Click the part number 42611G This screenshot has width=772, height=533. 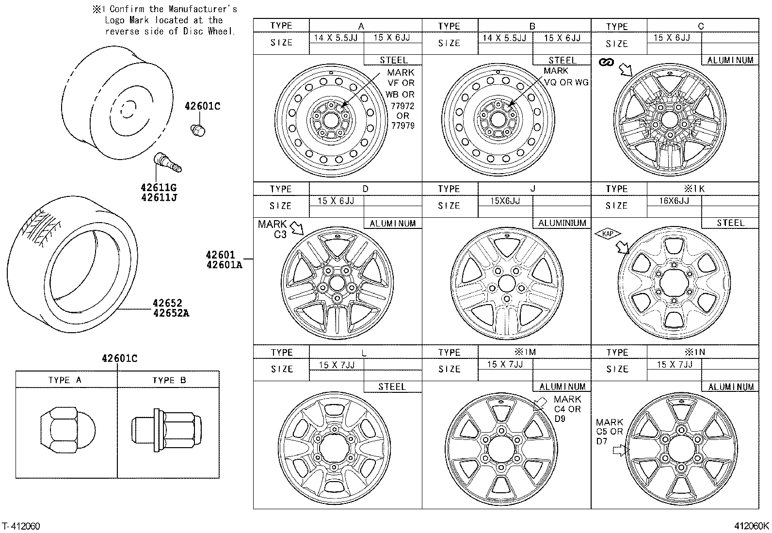click(x=159, y=187)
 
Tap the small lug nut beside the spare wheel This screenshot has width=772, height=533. click(x=197, y=129)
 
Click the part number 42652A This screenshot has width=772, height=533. click(x=171, y=313)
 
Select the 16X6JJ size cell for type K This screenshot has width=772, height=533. click(x=674, y=201)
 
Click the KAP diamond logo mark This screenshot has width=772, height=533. click(x=608, y=234)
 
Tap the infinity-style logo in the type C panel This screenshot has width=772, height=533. click(x=606, y=62)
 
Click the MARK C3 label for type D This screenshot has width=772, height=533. click(x=273, y=229)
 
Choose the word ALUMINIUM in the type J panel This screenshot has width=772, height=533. click(x=562, y=223)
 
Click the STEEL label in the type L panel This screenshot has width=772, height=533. click(x=392, y=387)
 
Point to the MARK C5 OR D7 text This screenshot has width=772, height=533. click(x=610, y=432)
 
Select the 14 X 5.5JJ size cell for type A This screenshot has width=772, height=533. click(x=336, y=38)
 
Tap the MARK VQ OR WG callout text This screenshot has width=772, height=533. click(x=565, y=77)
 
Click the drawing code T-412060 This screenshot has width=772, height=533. click(x=21, y=526)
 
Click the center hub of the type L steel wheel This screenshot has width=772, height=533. click(x=335, y=448)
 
